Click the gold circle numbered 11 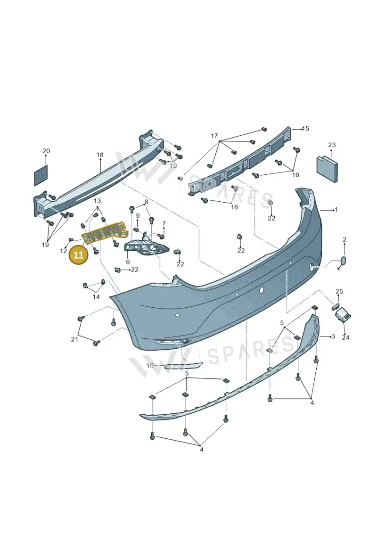(x=78, y=255)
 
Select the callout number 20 (x=46, y=151)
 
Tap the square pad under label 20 (x=41, y=176)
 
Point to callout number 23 (x=332, y=145)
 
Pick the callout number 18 (x=99, y=155)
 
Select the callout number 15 (x=305, y=129)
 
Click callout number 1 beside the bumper (x=336, y=210)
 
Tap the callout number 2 (x=344, y=240)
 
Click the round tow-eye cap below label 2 (x=344, y=261)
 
